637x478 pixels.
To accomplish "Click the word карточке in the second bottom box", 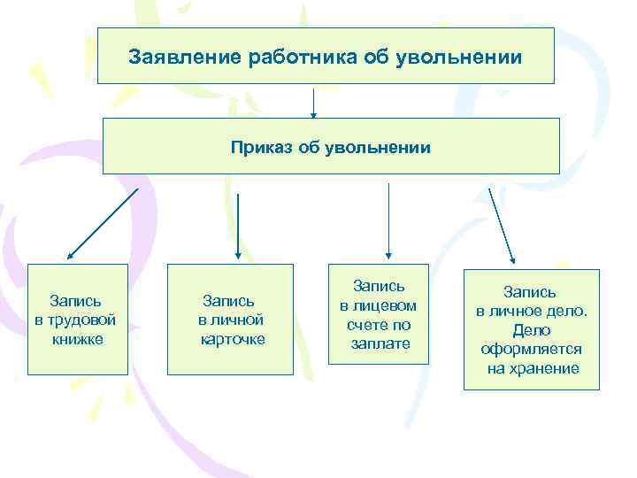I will [232, 339].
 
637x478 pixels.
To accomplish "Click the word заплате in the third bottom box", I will [379, 343].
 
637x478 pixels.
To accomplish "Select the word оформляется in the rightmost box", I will [531, 349].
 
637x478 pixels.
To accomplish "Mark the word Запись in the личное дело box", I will [531, 291].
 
